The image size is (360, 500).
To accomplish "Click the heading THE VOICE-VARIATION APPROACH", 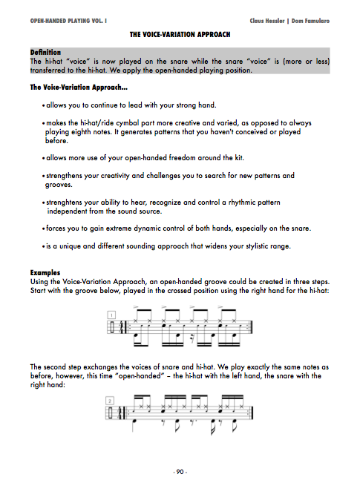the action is point(180,34).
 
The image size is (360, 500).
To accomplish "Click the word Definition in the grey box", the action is point(45,52).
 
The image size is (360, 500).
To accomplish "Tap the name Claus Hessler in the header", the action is point(266,21).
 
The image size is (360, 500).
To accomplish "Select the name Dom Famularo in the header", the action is point(310,21).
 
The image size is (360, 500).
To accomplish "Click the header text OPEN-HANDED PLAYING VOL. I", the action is point(68,21).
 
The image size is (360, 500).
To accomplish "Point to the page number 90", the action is point(180,472).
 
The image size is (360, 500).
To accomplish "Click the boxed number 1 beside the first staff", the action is point(111,315).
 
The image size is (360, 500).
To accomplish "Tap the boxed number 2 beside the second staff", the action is point(110,401).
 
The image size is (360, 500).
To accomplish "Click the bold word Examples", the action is point(45,273).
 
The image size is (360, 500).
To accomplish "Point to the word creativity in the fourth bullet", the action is point(116,176).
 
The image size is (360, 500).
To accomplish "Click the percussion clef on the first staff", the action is point(111,327).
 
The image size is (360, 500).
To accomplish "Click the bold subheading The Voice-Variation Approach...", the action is point(79,88).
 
